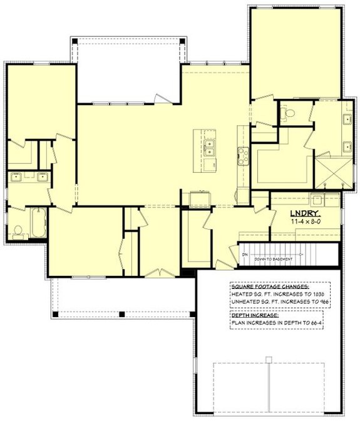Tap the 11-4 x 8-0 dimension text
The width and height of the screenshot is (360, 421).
click(304, 221)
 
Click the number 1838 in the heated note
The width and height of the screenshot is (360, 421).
click(321, 293)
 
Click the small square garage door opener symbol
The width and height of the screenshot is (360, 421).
click(268, 359)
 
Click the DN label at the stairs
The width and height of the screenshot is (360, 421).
click(245, 255)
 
